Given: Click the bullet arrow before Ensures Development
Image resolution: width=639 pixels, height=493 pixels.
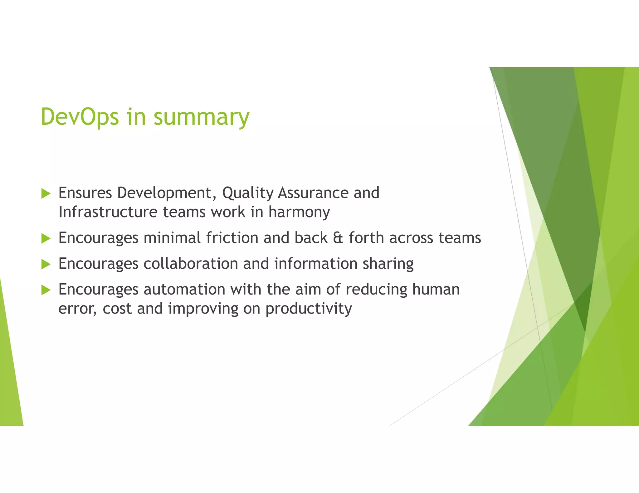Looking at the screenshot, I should point(46,194).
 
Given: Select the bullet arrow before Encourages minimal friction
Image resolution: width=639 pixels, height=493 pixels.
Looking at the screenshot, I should point(46,239).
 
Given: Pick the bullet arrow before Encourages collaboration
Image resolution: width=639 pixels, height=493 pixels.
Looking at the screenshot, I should point(46,265).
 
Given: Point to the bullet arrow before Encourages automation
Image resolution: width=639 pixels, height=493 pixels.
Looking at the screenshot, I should point(46,290).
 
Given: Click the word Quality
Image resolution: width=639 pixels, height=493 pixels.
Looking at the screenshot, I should point(248,193).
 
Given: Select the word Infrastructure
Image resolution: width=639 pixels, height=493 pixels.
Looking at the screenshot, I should point(108,212).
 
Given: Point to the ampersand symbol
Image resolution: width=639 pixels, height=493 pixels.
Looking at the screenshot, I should point(338,238).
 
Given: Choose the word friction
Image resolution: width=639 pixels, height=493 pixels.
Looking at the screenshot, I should point(232,238).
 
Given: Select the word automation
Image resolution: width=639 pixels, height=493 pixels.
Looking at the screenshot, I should point(184,290).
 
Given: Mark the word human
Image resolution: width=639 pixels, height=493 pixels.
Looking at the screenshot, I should point(436,290).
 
